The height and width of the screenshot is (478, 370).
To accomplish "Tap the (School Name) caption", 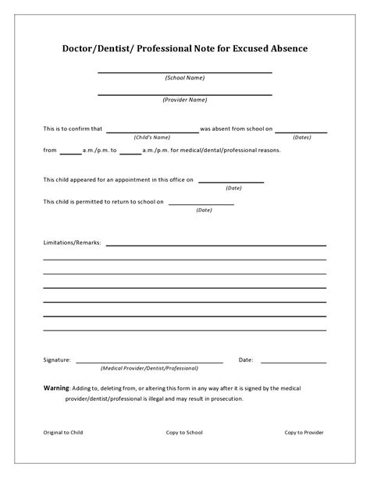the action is tap(185, 78).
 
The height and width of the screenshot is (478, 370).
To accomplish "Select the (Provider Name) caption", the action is tap(185, 100).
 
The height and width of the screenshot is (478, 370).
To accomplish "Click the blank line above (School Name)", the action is tap(185, 72).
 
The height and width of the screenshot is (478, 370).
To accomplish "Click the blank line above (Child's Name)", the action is tap(152, 132).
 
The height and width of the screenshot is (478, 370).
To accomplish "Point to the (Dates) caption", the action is tap(301, 137).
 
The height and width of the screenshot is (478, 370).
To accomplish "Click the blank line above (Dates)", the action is tap(301, 132).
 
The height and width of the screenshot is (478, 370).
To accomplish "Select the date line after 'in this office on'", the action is tap(230, 182).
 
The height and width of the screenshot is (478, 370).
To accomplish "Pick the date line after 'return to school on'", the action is tap(201, 204).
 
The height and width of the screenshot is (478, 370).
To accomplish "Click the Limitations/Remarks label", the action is tap(72, 243).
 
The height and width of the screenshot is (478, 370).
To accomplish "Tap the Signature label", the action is tap(57, 360).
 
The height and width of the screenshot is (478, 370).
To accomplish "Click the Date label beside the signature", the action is tap(245, 360).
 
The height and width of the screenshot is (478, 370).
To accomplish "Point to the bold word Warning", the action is tap(56, 388).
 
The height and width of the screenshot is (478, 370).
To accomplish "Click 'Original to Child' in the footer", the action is tap(62, 432).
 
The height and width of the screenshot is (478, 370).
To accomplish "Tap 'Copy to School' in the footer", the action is tap(184, 432).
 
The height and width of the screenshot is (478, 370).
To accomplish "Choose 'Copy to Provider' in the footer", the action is tap(304, 432).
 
